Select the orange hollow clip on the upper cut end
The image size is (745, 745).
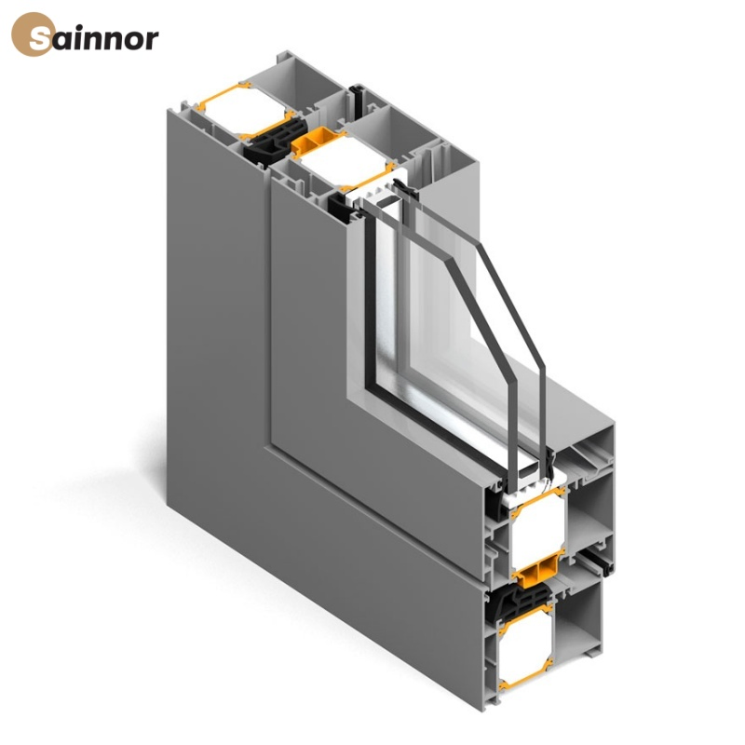313,142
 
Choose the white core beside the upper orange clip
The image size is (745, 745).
340,167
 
